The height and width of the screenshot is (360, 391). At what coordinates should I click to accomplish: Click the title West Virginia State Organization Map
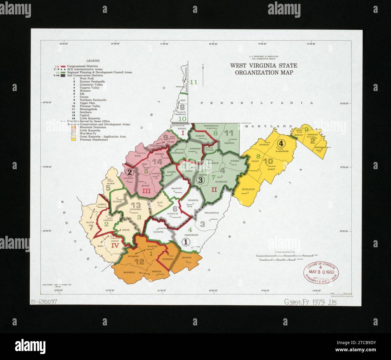(x=263, y=69)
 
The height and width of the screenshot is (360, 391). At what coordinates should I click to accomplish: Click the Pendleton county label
(x=248, y=189)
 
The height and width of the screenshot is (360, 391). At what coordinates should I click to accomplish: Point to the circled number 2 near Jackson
(x=129, y=172)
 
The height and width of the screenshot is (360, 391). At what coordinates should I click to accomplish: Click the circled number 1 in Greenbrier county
(x=186, y=241)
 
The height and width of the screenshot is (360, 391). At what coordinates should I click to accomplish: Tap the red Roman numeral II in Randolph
(x=214, y=190)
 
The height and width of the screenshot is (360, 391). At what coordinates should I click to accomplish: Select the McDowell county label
(x=129, y=272)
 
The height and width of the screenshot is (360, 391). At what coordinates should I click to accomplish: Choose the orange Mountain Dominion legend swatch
(x=73, y=127)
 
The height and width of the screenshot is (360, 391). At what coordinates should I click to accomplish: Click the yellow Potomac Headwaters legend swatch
(x=73, y=140)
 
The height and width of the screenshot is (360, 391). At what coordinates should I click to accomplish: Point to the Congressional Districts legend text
(x=82, y=66)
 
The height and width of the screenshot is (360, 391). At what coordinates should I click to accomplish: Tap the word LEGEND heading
(x=93, y=61)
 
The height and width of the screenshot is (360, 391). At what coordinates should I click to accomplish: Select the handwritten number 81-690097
(x=44, y=302)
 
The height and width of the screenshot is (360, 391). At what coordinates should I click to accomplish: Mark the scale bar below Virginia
(x=285, y=255)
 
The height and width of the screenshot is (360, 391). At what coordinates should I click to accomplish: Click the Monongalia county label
(x=211, y=126)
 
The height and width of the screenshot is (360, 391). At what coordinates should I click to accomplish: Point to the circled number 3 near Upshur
(x=200, y=180)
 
